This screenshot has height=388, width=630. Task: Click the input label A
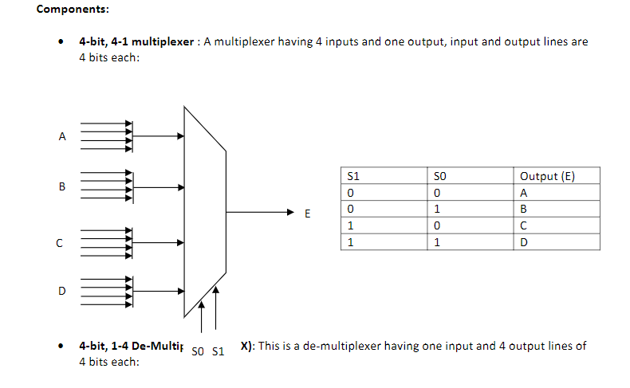(62, 136)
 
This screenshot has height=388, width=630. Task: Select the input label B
(62, 187)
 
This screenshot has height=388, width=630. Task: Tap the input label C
(60, 243)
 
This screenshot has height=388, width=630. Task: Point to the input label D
(62, 291)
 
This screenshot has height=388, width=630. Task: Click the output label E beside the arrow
(307, 214)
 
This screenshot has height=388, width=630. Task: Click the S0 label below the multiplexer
(199, 351)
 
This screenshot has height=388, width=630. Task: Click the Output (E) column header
(546, 176)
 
